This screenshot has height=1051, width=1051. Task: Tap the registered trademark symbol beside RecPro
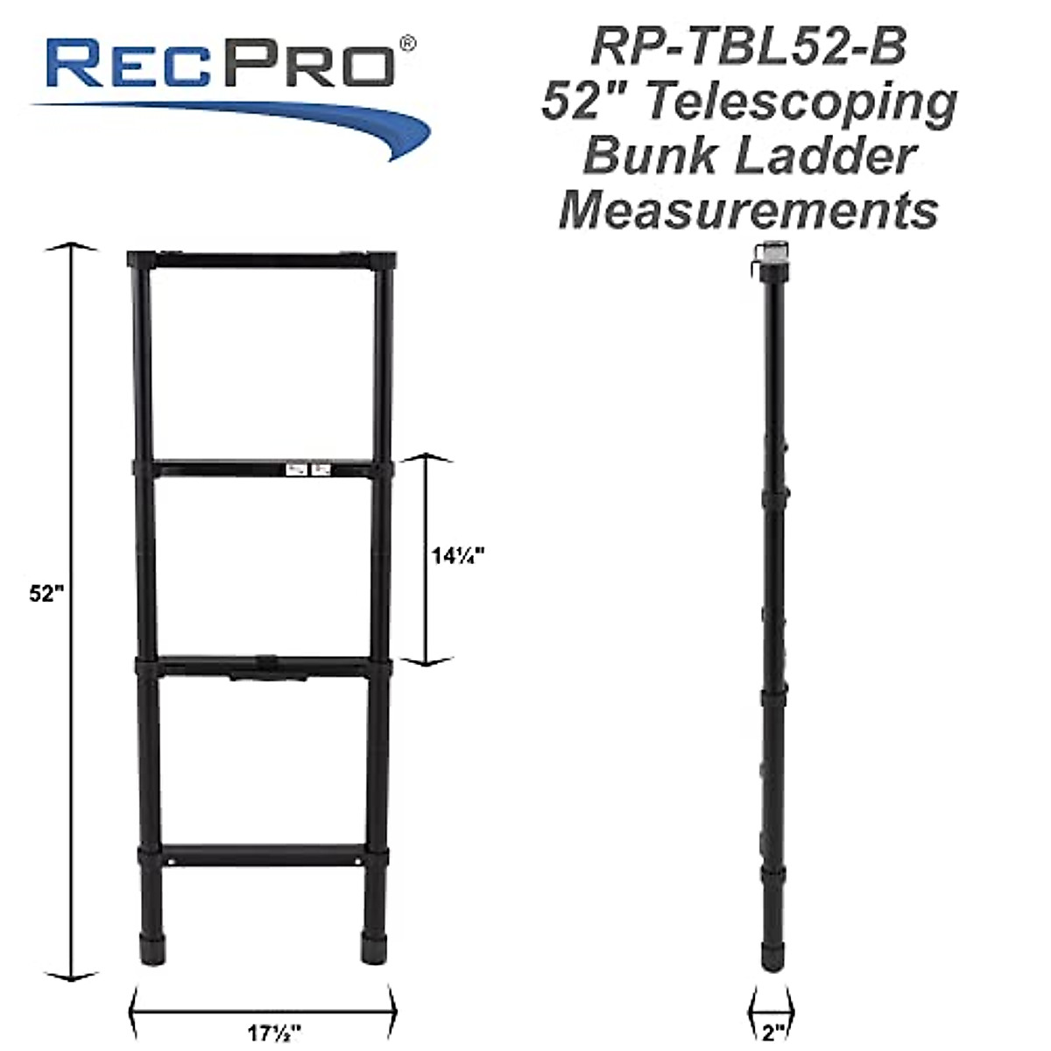[407, 42]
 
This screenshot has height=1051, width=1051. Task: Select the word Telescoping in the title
[801, 103]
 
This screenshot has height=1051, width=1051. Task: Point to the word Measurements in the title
[749, 210]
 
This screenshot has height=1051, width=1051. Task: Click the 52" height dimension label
[47, 593]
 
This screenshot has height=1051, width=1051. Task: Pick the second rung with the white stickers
[263, 469]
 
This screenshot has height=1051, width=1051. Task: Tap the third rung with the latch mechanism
[263, 666]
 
